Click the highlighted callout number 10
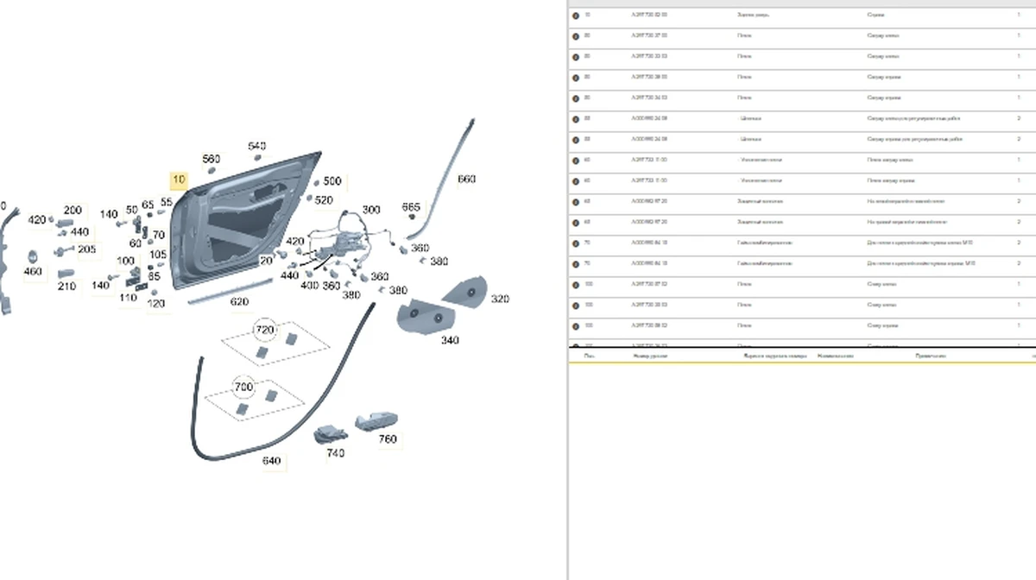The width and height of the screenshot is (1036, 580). [179, 180]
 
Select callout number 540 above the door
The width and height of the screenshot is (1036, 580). [257, 147]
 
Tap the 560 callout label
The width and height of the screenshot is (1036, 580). [211, 160]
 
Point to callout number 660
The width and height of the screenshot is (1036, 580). [466, 180]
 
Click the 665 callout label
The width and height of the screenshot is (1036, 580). [412, 207]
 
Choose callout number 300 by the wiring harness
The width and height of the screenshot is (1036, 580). [371, 210]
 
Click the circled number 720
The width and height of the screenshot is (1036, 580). [265, 331]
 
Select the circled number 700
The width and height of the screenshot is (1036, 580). [244, 386]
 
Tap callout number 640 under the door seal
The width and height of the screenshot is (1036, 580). [272, 461]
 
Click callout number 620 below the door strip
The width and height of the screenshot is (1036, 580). [239, 302]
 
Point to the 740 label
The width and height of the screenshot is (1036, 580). [336, 453]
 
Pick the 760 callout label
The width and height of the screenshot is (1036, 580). [388, 440]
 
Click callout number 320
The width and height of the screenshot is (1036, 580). [500, 299]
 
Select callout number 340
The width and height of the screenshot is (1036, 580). [450, 341]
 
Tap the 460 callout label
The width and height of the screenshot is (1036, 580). [33, 273]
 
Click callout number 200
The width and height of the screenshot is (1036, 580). [73, 211]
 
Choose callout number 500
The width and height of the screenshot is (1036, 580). [332, 181]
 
